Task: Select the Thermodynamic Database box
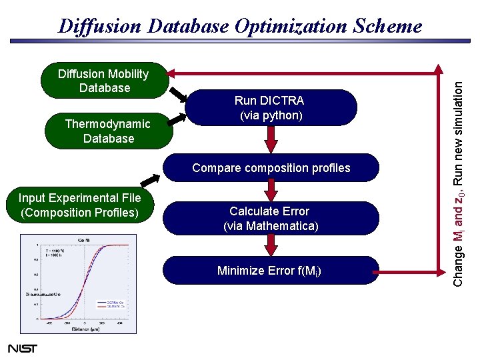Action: click(108, 131)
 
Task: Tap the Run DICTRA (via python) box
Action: click(271, 108)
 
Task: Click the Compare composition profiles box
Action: click(271, 168)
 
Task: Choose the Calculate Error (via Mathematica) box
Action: click(271, 219)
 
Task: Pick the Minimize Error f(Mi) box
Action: click(271, 270)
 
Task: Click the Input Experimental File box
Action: click(80, 205)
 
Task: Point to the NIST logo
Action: click(22, 348)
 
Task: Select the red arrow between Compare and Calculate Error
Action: click(271, 191)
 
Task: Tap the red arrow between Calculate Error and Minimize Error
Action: click(271, 246)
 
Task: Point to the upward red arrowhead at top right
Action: click(438, 69)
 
